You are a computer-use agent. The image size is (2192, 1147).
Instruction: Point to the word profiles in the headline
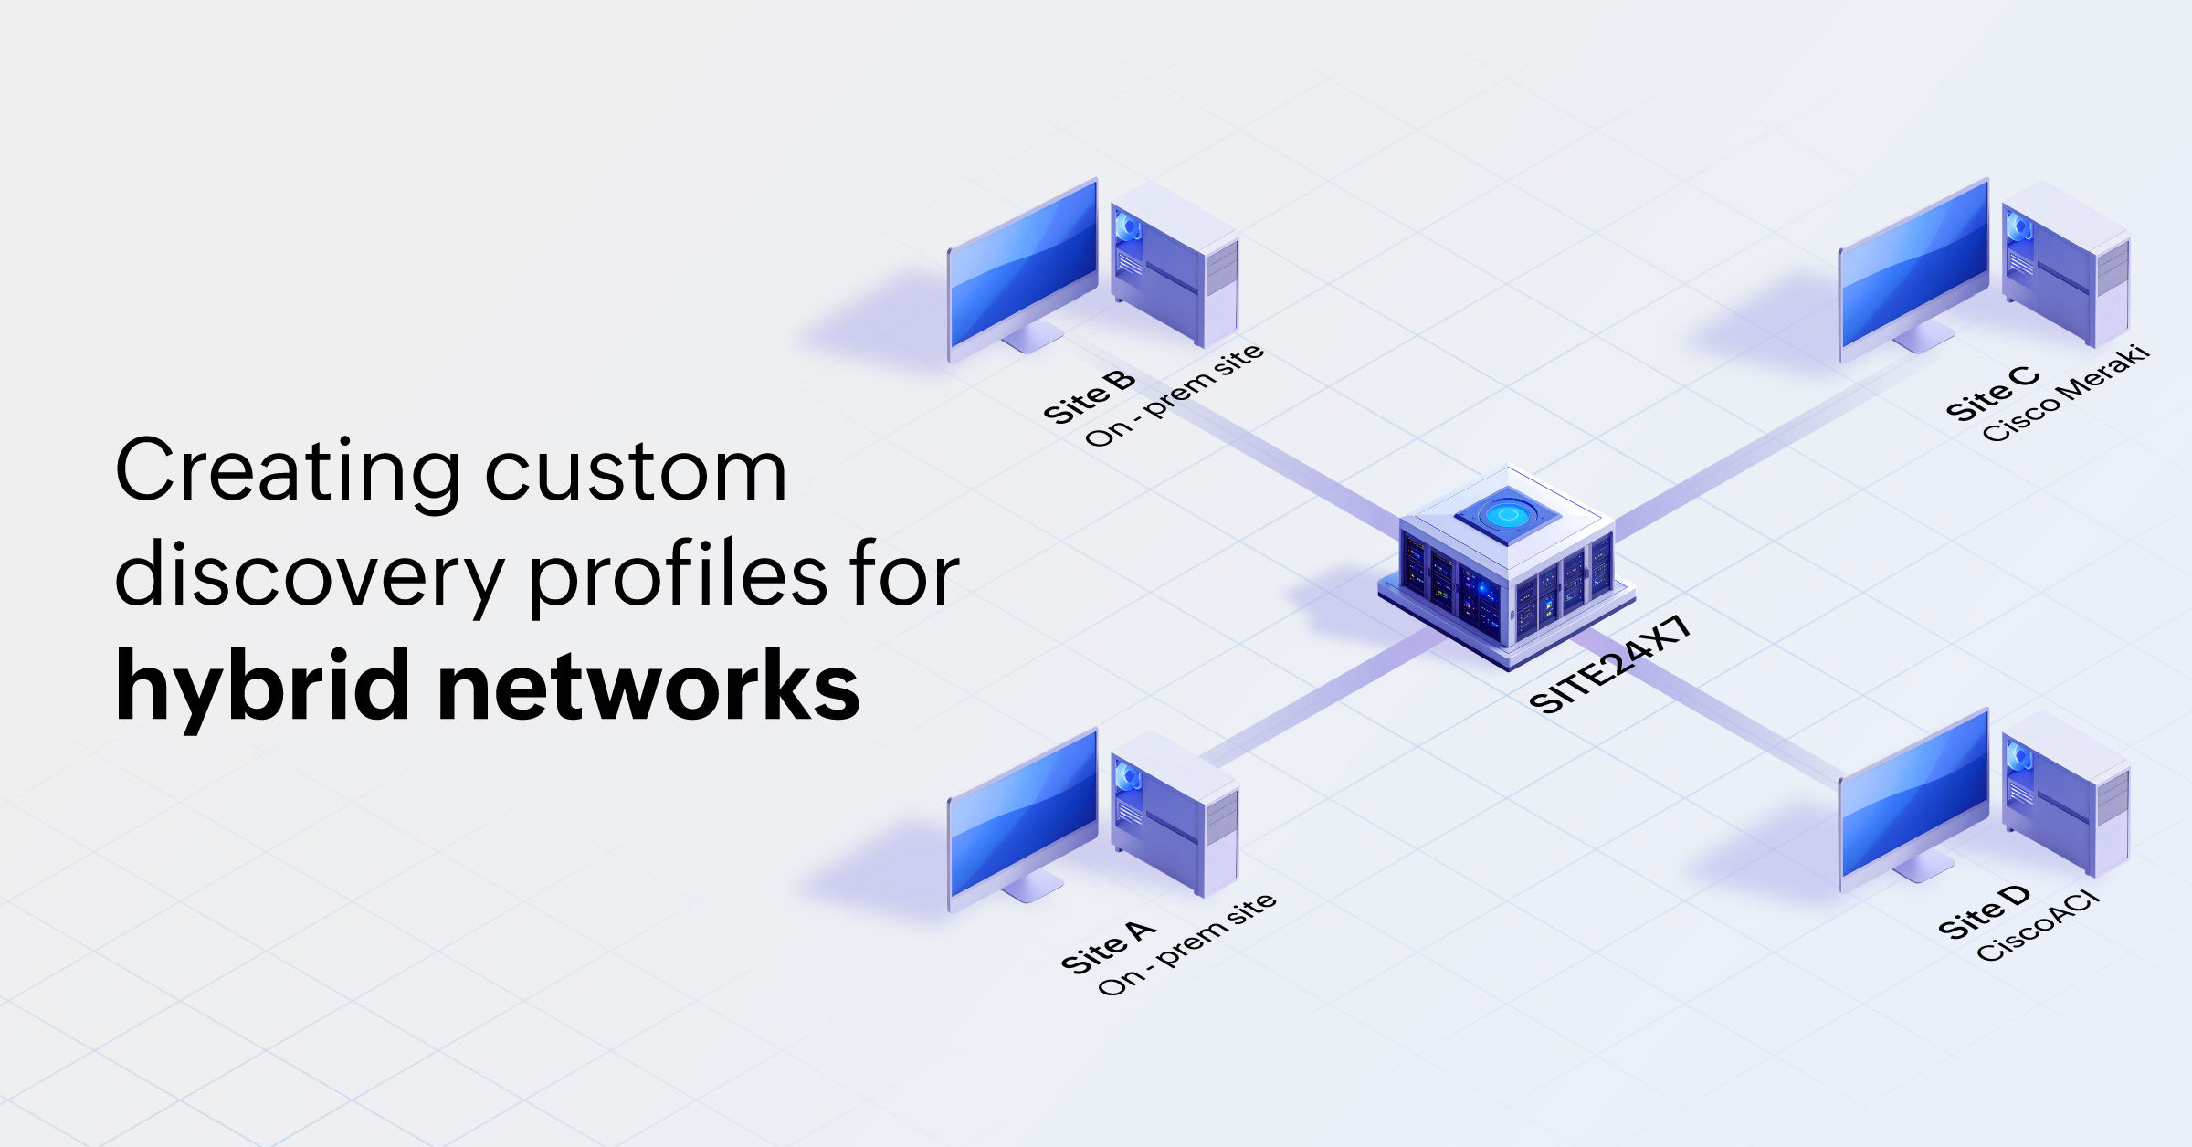pyautogui.click(x=678, y=575)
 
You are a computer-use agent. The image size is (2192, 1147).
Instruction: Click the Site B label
pyautogui.click(x=1089, y=396)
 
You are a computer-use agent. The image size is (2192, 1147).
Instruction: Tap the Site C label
pyautogui.click(x=1992, y=394)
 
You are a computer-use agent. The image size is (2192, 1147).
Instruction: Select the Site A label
pyautogui.click(x=1108, y=947)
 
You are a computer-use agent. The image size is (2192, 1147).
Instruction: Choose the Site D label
pyautogui.click(x=1984, y=911)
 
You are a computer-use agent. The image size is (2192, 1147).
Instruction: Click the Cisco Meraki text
pyautogui.click(x=2066, y=394)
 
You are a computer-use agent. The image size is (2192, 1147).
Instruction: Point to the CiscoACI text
pyautogui.click(x=2039, y=927)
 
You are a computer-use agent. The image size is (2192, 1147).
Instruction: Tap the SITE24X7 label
pyautogui.click(x=1610, y=665)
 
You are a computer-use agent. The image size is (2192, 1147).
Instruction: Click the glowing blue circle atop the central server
pyautogui.click(x=1508, y=515)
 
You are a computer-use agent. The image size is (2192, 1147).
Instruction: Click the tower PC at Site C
pyautogui.click(x=2066, y=265)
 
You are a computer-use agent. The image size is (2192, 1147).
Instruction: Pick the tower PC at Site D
pyautogui.click(x=2066, y=794)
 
